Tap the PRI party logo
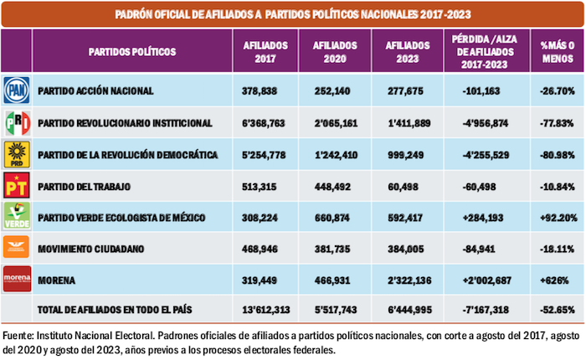tap(18, 122)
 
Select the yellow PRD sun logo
tap(18, 153)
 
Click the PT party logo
tap(18, 184)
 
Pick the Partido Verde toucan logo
tap(18, 215)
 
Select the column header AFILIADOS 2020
tap(334, 51)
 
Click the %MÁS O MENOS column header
tap(557, 51)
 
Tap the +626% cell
tap(557, 278)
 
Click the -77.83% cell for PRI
tap(557, 123)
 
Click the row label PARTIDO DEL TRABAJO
tap(93, 185)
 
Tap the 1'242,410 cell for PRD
tap(334, 154)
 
